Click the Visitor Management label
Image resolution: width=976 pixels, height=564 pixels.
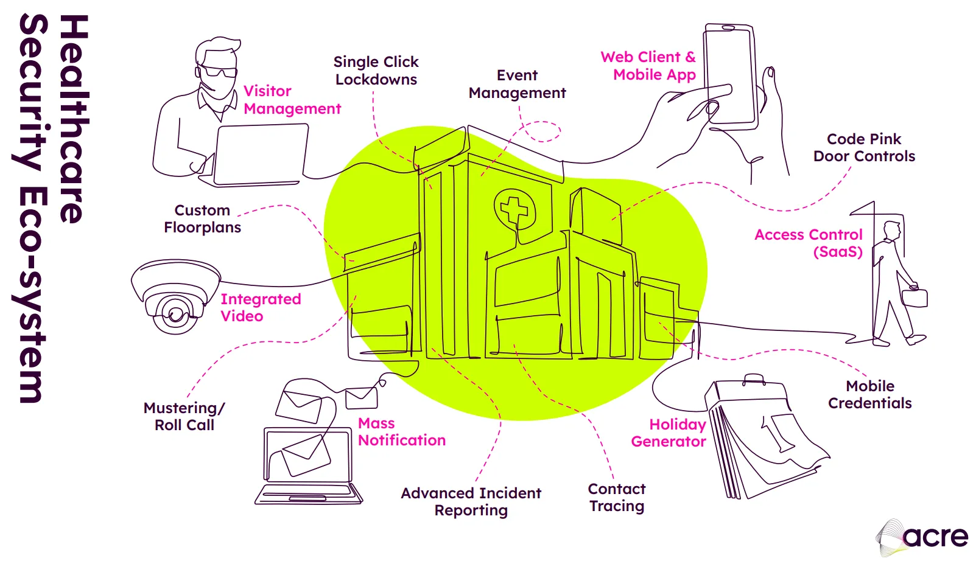pyautogui.click(x=292, y=100)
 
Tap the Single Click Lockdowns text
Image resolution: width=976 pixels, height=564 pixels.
pyautogui.click(x=376, y=71)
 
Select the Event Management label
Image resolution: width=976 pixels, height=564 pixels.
pyautogui.click(x=517, y=84)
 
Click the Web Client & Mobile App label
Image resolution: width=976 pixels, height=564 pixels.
pyautogui.click(x=648, y=66)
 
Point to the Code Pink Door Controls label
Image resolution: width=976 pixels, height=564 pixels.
pyautogui.click(x=864, y=148)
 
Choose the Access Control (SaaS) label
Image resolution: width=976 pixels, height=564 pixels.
pyautogui.click(x=809, y=243)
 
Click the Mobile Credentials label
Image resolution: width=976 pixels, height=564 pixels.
pyautogui.click(x=869, y=394)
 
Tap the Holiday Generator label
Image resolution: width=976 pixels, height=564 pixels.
pyautogui.click(x=669, y=433)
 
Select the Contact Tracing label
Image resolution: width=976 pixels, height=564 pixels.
pyautogui.click(x=616, y=497)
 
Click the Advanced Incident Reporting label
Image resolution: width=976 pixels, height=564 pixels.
pyautogui.click(x=471, y=501)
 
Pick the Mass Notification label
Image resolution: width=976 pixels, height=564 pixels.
pyautogui.click(x=401, y=431)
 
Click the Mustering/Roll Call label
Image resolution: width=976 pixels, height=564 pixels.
pyautogui.click(x=184, y=416)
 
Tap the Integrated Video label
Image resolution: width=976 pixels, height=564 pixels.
pyautogui.click(x=260, y=307)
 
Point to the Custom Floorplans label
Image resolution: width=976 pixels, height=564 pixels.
pyautogui.click(x=202, y=218)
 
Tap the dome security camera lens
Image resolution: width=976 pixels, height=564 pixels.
pyautogui.click(x=175, y=314)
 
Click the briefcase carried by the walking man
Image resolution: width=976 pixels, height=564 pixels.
pyautogui.click(x=914, y=298)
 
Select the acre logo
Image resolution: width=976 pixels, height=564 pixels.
pyautogui.click(x=922, y=537)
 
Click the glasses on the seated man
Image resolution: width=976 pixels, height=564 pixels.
pyautogui.click(x=219, y=71)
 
